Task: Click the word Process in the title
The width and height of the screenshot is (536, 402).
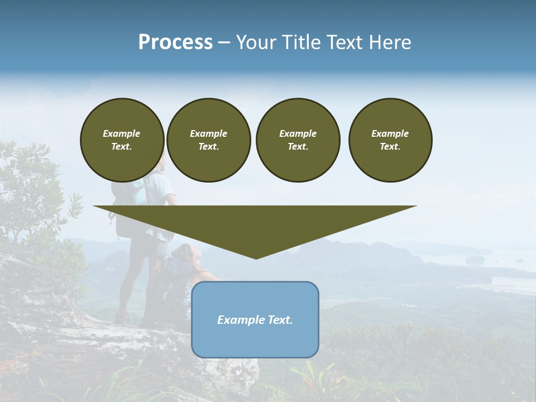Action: coord(175,42)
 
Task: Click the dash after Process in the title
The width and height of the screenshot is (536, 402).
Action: coord(224,43)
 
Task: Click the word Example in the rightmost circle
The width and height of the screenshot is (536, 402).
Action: coord(390,133)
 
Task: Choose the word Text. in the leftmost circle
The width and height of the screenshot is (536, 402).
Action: coord(122,147)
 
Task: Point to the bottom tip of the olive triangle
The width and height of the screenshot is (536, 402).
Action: coord(256,257)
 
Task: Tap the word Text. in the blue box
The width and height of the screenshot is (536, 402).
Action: coord(280,320)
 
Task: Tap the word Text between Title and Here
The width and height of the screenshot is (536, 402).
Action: coord(347,42)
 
